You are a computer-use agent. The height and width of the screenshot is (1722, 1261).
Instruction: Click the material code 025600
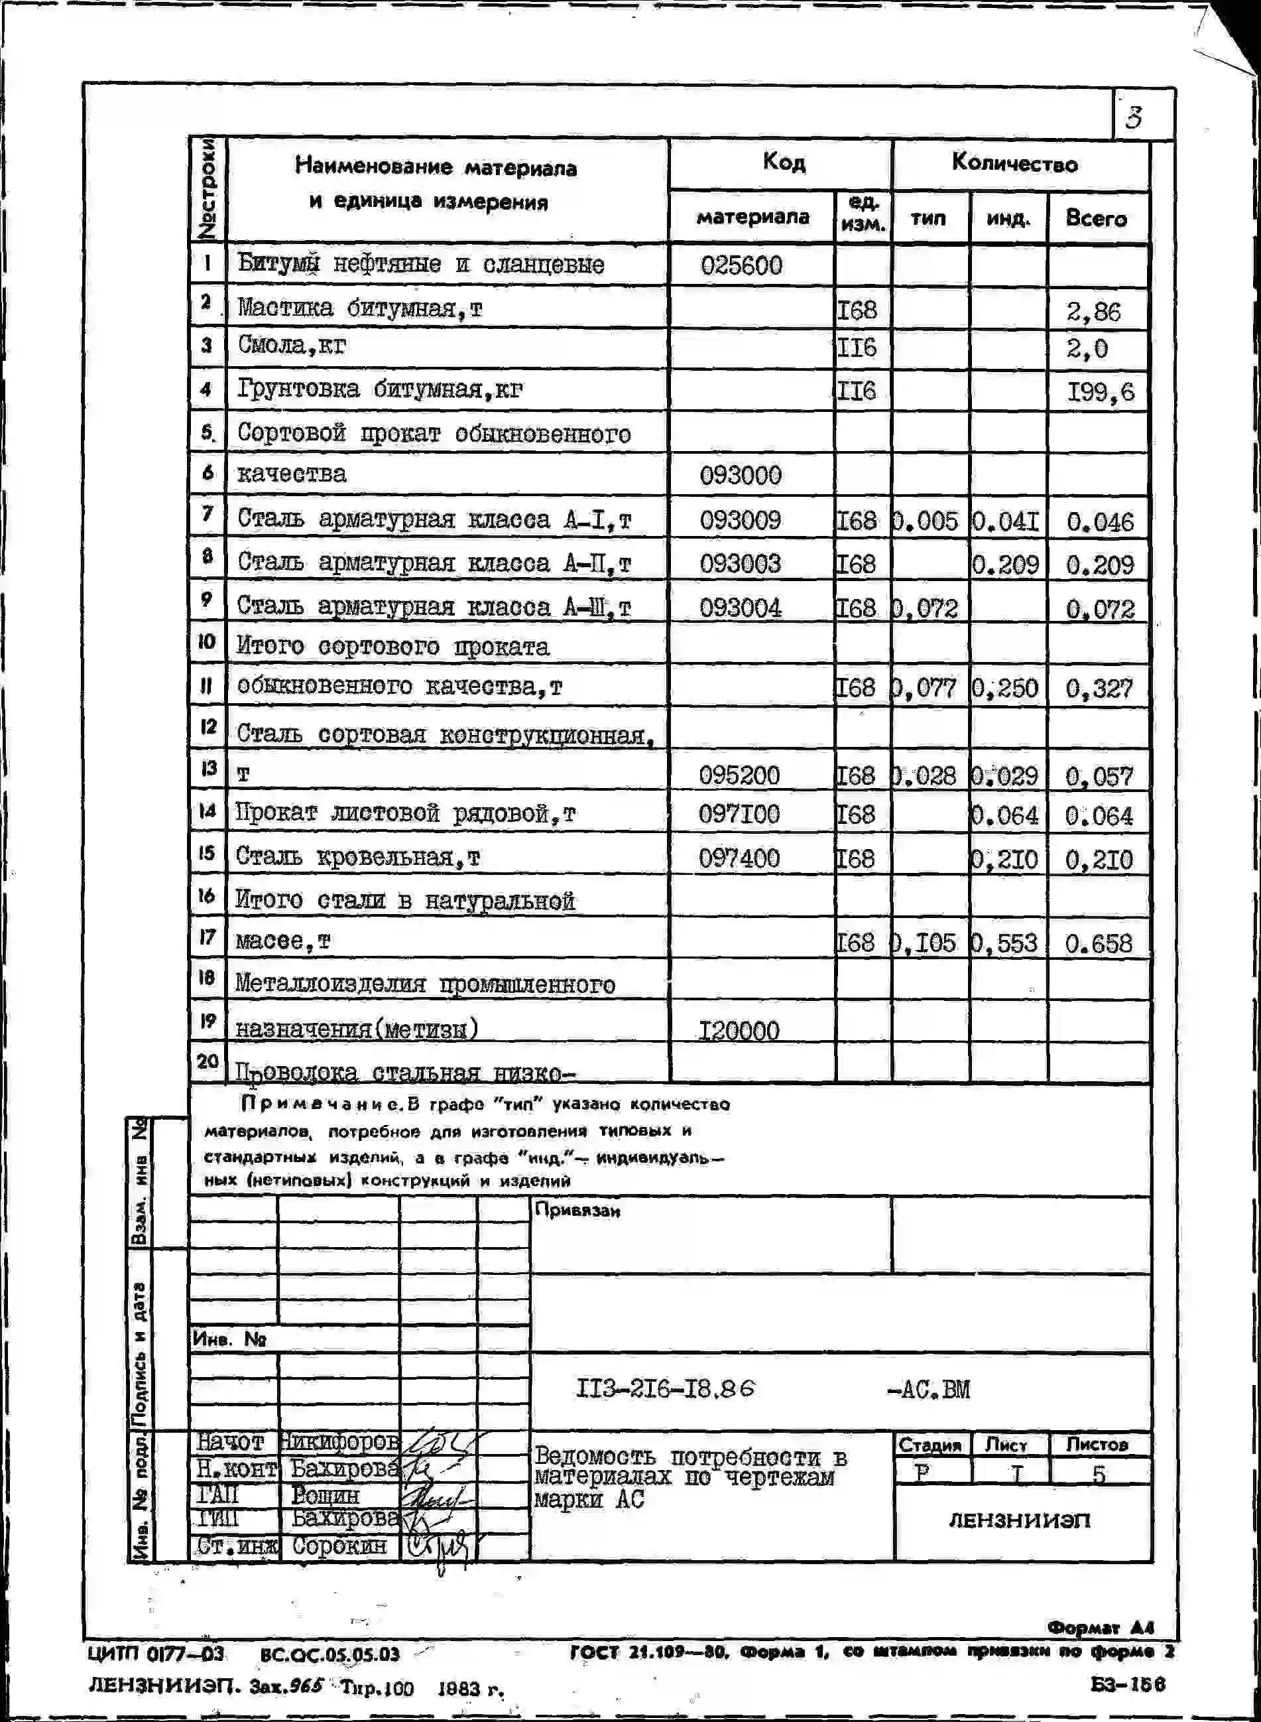pos(741,266)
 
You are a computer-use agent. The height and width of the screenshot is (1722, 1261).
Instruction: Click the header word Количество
pos(1014,163)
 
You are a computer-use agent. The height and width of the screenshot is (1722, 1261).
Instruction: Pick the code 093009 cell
pos(740,521)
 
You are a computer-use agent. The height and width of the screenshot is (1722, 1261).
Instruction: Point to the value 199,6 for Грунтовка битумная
pos(1100,393)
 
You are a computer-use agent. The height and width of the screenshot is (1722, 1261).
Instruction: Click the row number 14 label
pos(207,811)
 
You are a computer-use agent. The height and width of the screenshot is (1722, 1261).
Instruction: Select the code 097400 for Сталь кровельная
pos(738,858)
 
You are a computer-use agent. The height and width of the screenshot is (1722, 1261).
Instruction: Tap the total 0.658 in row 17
pos(1099,944)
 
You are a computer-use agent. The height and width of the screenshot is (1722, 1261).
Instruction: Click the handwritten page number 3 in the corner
pos(1134,117)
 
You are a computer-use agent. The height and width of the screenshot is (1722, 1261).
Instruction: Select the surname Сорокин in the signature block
pos(339,1546)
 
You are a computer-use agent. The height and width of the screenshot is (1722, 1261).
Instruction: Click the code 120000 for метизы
pos(739,1031)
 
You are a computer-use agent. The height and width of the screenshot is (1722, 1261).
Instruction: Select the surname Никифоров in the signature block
pos(339,1443)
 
